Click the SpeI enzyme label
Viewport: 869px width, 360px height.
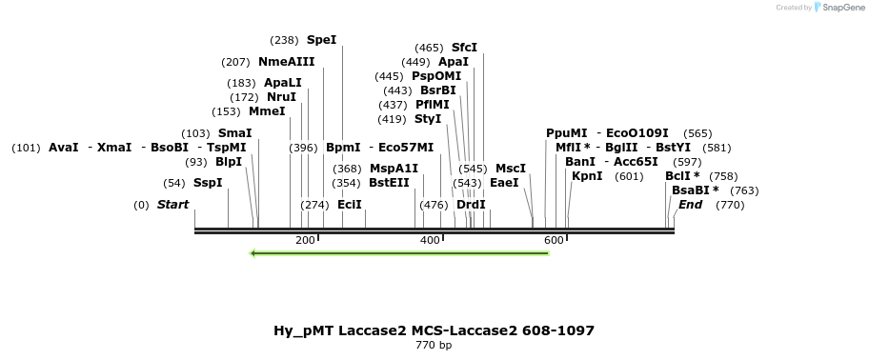point(321,40)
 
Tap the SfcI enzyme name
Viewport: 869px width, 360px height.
point(464,48)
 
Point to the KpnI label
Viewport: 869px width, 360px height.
point(587,176)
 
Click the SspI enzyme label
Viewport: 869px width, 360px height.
point(208,183)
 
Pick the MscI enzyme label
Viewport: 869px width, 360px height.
point(511,169)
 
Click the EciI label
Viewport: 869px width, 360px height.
point(350,205)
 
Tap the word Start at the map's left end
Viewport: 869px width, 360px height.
point(172,205)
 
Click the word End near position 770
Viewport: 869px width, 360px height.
point(690,205)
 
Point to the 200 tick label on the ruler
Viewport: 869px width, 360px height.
point(305,240)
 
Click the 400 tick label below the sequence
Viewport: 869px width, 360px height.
point(430,240)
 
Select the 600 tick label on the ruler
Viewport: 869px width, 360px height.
point(554,240)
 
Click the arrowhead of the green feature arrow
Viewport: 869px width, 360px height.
point(253,253)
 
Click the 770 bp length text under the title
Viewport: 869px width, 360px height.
point(434,345)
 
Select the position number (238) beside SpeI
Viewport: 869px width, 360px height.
point(284,40)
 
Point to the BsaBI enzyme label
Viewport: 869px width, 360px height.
point(695,190)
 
